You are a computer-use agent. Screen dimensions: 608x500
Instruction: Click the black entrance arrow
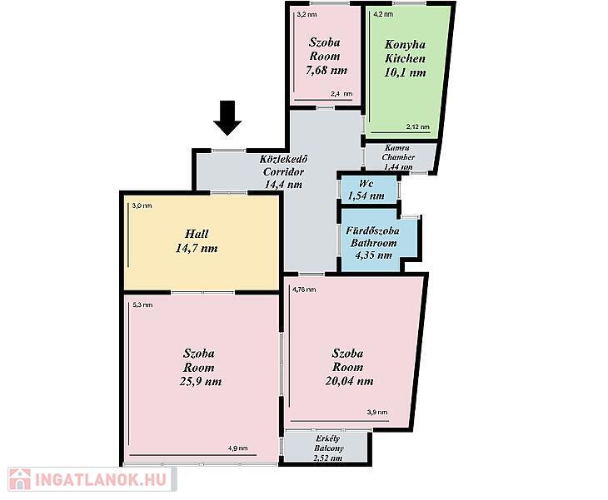point(227,118)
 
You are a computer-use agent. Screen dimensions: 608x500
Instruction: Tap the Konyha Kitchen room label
point(405,52)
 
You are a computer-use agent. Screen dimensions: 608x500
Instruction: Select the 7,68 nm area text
point(326,71)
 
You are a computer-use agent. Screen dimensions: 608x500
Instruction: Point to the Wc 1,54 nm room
point(366,190)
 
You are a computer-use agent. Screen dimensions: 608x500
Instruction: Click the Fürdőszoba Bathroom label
point(372,236)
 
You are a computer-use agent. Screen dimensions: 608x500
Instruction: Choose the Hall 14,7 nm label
point(197,241)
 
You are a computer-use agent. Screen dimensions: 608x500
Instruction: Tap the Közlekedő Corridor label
point(283,166)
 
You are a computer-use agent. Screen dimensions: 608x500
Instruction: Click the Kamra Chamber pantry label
point(398,152)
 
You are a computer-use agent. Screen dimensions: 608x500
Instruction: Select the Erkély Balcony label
point(328,443)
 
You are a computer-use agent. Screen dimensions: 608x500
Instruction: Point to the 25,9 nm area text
point(201,382)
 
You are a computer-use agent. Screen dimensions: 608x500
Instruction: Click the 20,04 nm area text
point(349,381)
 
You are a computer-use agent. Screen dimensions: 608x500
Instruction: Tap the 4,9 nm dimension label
point(237,448)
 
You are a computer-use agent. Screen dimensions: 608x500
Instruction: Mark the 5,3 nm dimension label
point(142,304)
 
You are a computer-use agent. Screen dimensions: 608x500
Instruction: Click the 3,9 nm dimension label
point(377,412)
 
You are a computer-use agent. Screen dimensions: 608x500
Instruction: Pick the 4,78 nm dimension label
point(304,290)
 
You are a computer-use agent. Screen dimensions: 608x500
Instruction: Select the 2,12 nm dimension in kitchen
point(418,126)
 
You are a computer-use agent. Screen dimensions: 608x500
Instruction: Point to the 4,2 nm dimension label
point(383,14)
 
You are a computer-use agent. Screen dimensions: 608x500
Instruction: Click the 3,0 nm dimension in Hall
point(142,205)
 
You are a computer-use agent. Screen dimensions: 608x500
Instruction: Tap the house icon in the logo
point(20,479)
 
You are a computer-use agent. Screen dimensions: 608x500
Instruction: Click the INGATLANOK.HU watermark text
point(101,479)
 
